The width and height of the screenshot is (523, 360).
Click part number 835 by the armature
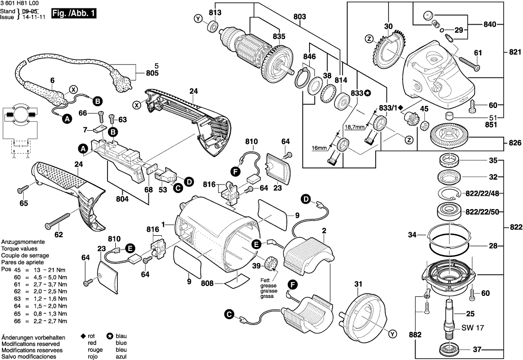click(x=279, y=36)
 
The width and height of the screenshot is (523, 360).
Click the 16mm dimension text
click(x=319, y=148)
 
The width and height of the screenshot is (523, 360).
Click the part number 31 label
click(x=358, y=284)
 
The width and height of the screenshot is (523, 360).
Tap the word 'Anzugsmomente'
click(x=23, y=243)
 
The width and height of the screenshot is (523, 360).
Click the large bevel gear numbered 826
click(x=450, y=134)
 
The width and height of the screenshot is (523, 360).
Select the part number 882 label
click(x=415, y=335)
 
